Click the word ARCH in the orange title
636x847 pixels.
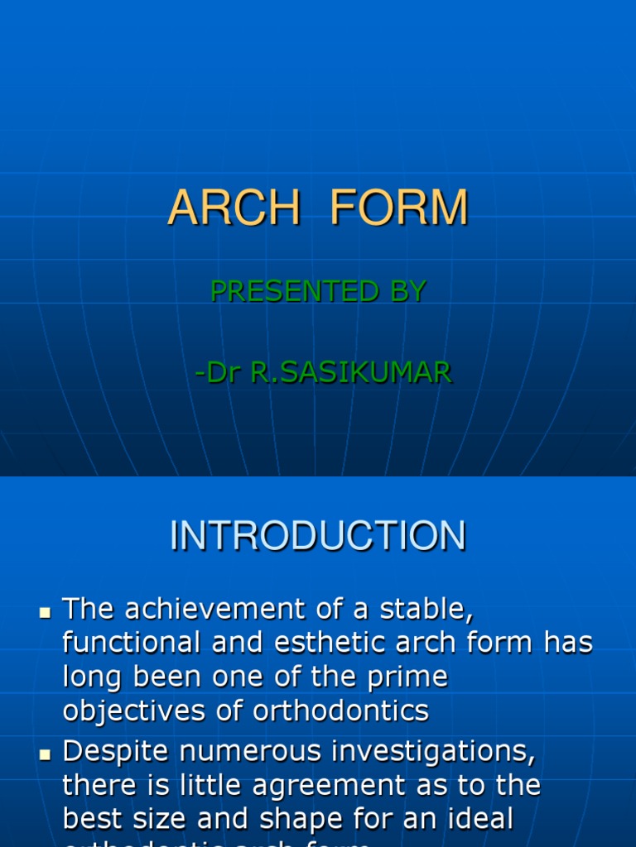234,208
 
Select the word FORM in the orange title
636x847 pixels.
399,208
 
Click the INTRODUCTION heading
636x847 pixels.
318,536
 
